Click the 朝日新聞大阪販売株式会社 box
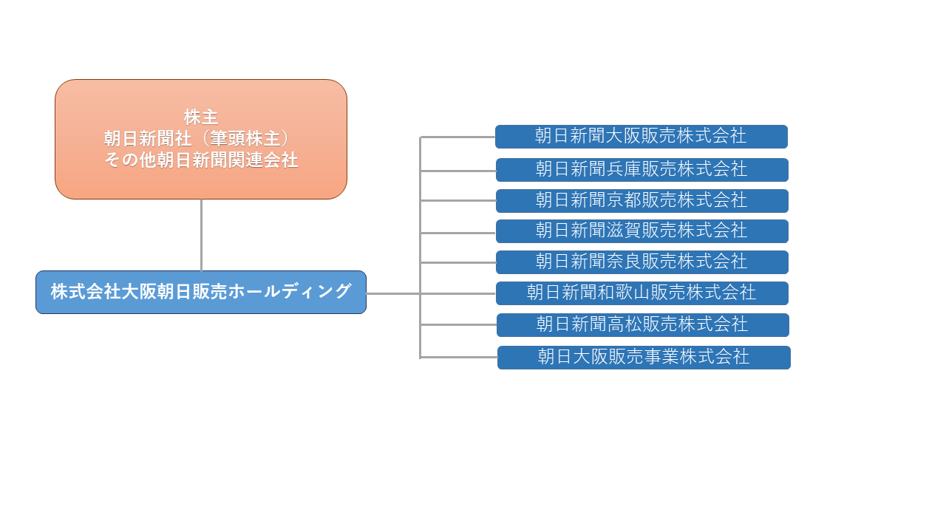tap(641, 137)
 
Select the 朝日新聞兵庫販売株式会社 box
tap(642, 170)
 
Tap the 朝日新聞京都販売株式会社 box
tap(642, 200)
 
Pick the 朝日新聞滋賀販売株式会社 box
tap(642, 231)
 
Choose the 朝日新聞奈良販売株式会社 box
tap(642, 262)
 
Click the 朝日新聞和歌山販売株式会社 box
tap(642, 293)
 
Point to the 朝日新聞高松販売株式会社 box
tap(643, 324)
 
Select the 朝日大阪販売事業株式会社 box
tap(644, 357)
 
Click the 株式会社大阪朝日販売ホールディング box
tap(200, 292)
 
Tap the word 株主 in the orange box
tap(201, 117)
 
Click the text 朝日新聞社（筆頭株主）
tap(197, 138)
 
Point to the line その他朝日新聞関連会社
tap(201, 160)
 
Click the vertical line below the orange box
tap(202, 235)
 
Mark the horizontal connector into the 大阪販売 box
tap(457, 137)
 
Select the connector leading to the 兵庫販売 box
tap(458, 171)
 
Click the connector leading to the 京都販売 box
tap(458, 200)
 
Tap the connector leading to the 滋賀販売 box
tap(458, 233)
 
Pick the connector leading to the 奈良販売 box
tap(458, 262)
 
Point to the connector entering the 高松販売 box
tap(459, 324)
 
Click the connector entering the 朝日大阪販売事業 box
tap(459, 357)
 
